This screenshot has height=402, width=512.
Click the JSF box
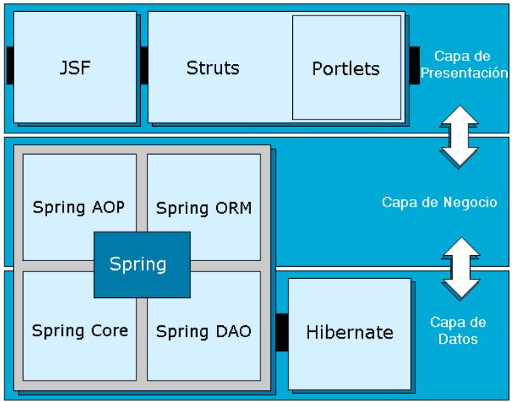click(75, 68)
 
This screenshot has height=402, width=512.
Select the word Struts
click(212, 68)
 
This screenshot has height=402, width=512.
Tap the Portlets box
click(345, 69)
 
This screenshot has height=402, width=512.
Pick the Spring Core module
click(79, 330)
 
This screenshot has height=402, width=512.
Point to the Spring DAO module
click(204, 331)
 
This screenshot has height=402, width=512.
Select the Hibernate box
click(349, 332)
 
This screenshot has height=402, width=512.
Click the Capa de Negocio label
click(439, 202)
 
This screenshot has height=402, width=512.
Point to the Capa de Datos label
click(457, 331)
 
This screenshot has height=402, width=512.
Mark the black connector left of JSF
click(9, 65)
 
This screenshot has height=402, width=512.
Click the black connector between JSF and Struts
click(143, 65)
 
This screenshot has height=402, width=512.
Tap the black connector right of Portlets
click(414, 65)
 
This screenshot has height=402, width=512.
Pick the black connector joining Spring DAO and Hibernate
click(281, 332)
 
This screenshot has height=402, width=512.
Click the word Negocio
click(473, 202)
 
